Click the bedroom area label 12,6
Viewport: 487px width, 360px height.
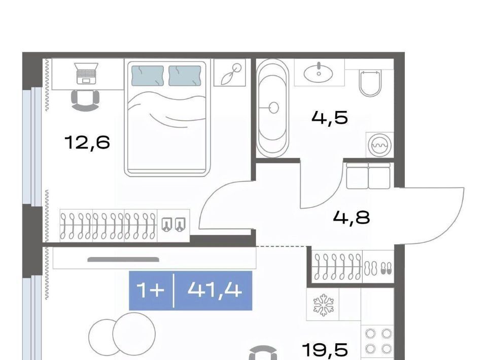(x=87, y=142)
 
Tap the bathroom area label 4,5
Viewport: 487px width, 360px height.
(x=330, y=118)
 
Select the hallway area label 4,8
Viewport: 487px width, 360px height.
(x=351, y=217)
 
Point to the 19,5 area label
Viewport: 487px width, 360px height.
(x=325, y=350)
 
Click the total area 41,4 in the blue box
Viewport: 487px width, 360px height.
(x=215, y=291)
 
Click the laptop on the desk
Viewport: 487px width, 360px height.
(x=87, y=73)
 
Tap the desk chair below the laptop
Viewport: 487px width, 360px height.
(x=85, y=100)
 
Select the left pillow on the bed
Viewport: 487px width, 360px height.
(x=148, y=76)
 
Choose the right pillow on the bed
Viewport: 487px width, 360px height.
(x=185, y=76)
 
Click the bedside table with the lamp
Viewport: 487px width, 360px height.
(x=230, y=73)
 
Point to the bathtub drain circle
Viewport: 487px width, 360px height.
(x=273, y=107)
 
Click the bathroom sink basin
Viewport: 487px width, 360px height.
(x=319, y=73)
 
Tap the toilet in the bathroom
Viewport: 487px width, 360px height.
(x=370, y=83)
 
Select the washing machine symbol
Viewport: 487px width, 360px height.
(x=379, y=145)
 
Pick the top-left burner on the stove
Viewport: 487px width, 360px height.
(x=370, y=334)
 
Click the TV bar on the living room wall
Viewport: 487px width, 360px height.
(x=123, y=260)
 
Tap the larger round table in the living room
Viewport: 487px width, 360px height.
(x=134, y=334)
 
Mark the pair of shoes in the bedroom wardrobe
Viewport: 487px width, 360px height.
(x=173, y=224)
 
